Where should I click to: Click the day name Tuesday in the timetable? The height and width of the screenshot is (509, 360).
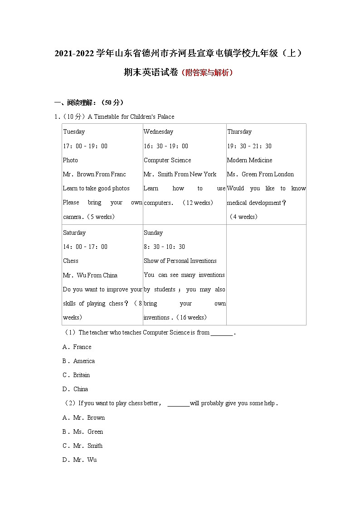(74, 132)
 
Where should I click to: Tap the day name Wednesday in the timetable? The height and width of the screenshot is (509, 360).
(158, 132)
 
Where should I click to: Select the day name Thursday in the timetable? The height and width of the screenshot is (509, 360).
(239, 132)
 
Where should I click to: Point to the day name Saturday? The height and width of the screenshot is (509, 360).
(74, 233)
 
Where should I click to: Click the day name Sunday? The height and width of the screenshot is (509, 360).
(153, 233)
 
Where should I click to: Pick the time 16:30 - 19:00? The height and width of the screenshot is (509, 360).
(166, 146)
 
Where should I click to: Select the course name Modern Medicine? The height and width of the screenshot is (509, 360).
(250, 160)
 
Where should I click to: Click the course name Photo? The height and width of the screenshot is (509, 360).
(70, 160)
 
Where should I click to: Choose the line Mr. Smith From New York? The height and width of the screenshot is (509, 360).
(180, 174)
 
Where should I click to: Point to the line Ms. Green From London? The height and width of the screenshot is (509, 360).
(261, 174)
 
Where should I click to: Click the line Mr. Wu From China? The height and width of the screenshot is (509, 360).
(90, 275)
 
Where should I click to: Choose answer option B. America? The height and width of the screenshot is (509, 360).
(78, 361)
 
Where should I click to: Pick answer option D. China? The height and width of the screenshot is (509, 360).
(75, 389)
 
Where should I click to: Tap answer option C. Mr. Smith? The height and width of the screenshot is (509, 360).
(83, 446)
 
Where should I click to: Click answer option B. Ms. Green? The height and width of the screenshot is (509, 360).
(83, 431)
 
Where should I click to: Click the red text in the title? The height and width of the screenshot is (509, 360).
(207, 73)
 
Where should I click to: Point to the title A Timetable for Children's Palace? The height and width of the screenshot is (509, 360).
(131, 116)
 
